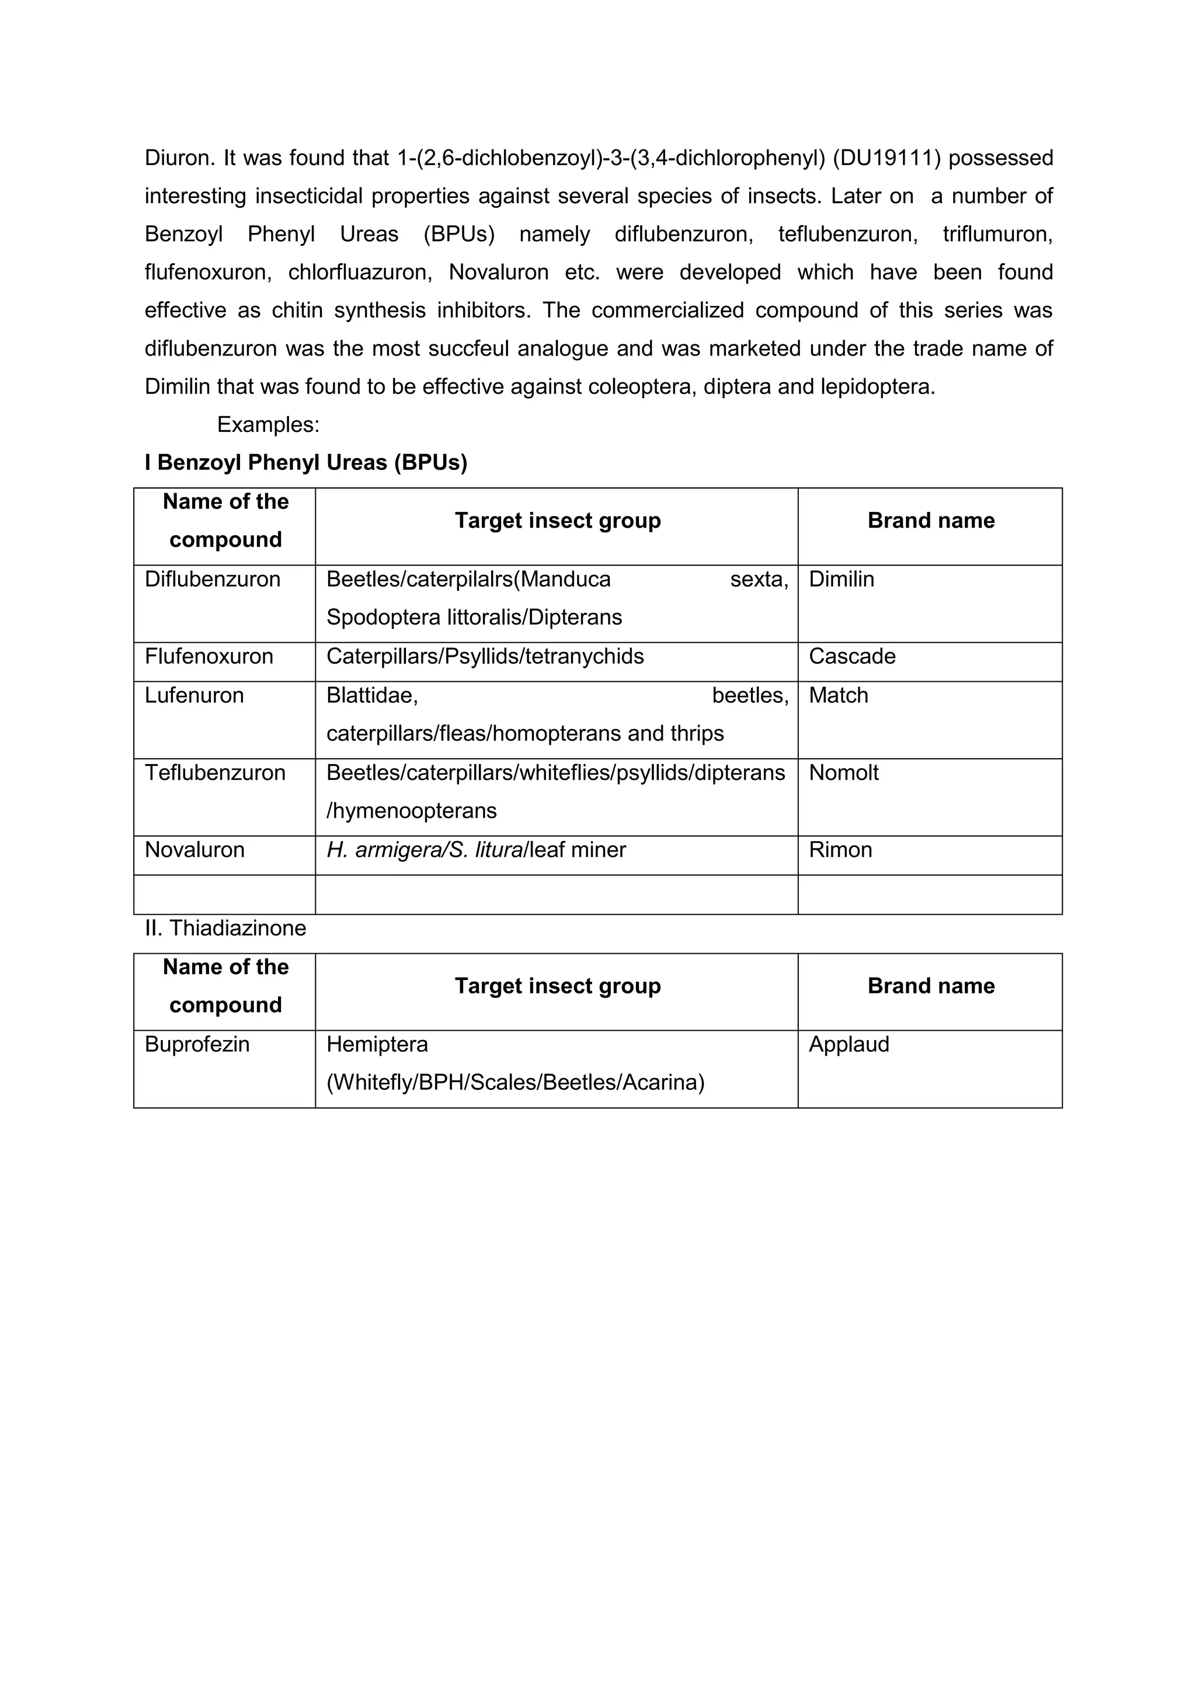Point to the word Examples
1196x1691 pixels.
click(x=267, y=424)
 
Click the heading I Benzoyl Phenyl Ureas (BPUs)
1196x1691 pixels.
click(x=306, y=462)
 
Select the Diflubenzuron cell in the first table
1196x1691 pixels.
click(x=212, y=579)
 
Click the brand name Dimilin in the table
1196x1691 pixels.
click(x=842, y=579)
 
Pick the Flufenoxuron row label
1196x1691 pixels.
click(x=208, y=656)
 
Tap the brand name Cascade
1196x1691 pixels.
click(x=852, y=656)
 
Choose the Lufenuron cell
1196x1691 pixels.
click(x=194, y=695)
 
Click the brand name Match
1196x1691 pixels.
click(x=838, y=695)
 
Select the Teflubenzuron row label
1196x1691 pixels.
click(x=214, y=773)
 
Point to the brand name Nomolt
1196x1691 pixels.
click(x=844, y=773)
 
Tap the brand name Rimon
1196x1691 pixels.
click(x=840, y=850)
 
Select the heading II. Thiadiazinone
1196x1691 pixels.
click(x=225, y=928)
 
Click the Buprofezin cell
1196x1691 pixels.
click(x=197, y=1044)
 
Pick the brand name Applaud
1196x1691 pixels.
click(x=849, y=1044)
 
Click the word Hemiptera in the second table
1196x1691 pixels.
click(x=377, y=1044)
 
